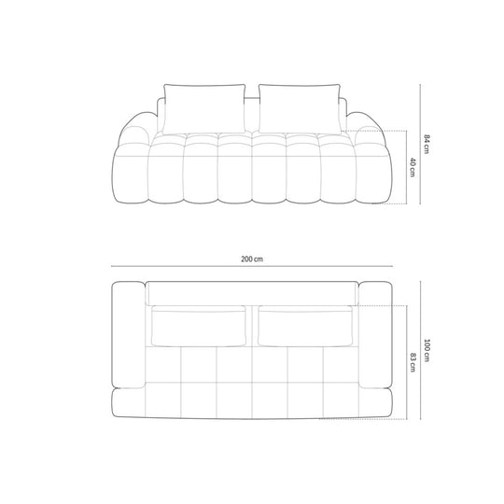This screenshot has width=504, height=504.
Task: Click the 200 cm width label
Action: [x=252, y=259]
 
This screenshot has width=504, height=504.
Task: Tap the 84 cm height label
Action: [x=427, y=144]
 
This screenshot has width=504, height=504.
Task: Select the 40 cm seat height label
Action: [x=413, y=167]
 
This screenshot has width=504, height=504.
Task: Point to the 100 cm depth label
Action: [x=427, y=350]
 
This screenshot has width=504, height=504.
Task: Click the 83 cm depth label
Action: [x=413, y=362]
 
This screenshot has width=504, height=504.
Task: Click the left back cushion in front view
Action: [x=204, y=109]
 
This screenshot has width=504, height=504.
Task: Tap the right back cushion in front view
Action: [x=300, y=109]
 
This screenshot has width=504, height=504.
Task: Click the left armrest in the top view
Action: [x=128, y=335]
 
